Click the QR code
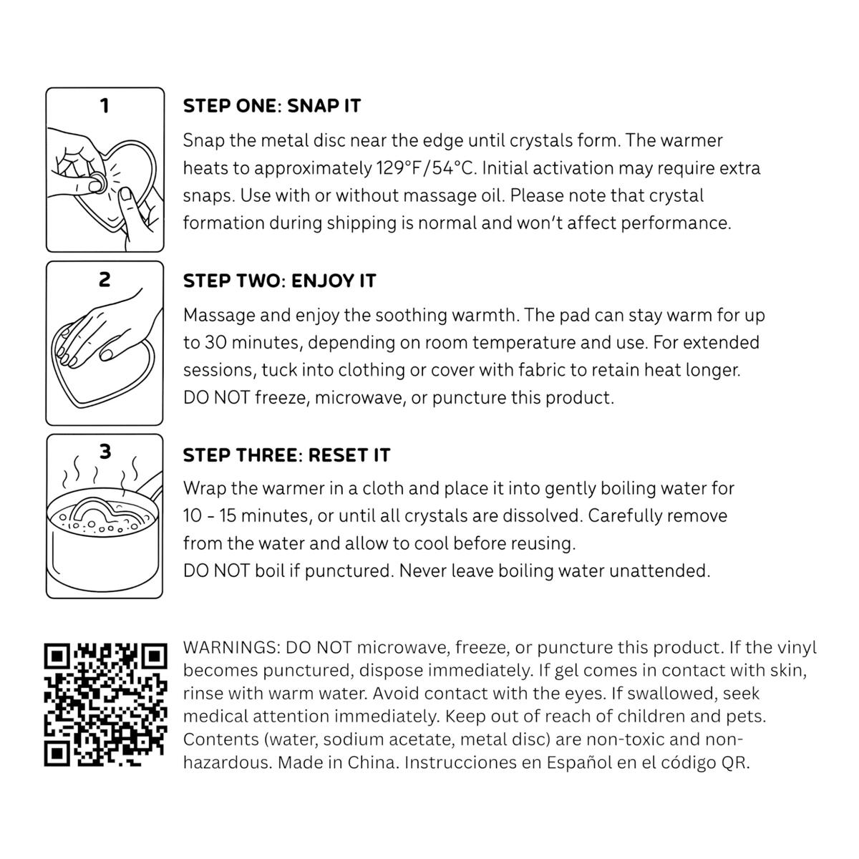[106, 705]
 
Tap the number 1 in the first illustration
[105, 106]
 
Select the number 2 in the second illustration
[105, 279]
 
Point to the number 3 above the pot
[105, 452]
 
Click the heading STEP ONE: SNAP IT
[272, 106]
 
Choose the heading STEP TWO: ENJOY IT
[280, 281]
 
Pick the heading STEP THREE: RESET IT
[286, 455]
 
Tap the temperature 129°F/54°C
[427, 168]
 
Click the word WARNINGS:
[232, 648]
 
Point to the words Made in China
[337, 762]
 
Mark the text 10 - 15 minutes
[246, 516]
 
